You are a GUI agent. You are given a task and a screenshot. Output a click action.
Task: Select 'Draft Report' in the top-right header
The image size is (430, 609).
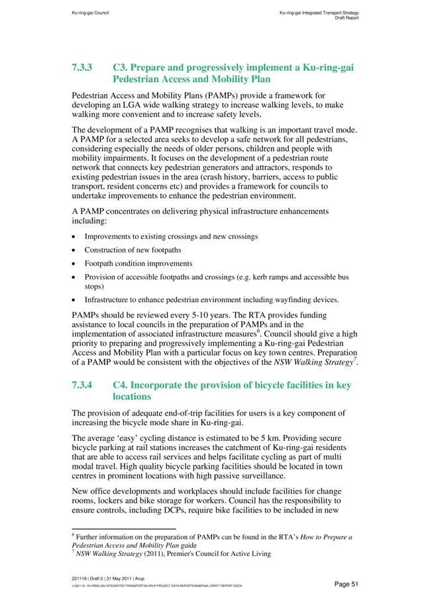click(346, 18)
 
